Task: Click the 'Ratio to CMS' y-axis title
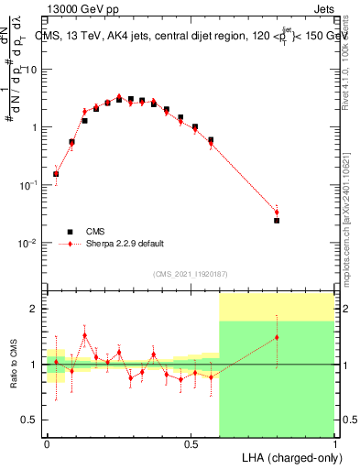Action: pyautogui.click(x=13, y=365)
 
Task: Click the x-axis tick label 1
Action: pyautogui.click(x=335, y=443)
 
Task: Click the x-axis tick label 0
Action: pyautogui.click(x=47, y=443)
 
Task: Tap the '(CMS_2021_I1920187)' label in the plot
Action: pyautogui.click(x=191, y=274)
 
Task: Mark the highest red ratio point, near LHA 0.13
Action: pyautogui.click(x=84, y=335)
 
